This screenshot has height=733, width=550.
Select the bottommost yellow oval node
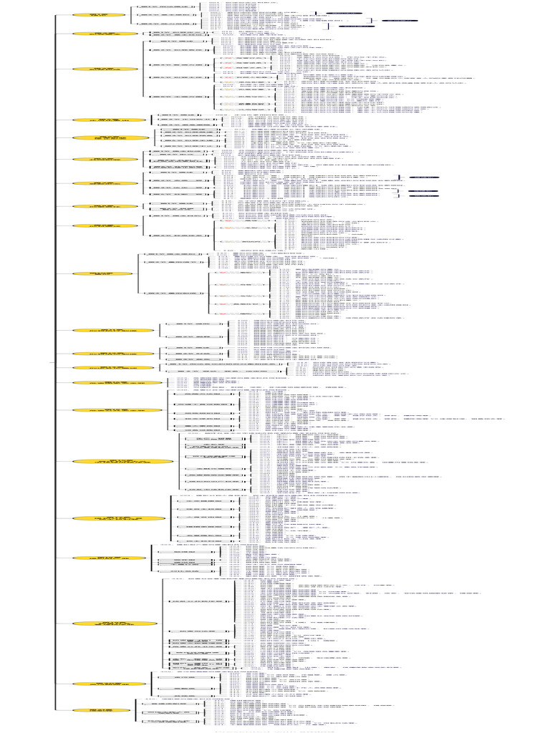click(102, 710)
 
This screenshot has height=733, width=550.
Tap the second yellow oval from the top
click(105, 34)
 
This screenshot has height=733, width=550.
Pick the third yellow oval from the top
click(105, 69)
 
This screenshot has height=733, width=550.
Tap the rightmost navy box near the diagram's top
click(400, 21)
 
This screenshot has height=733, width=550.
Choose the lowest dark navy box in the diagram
click(423, 196)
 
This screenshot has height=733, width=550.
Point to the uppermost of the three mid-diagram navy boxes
click(423, 176)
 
